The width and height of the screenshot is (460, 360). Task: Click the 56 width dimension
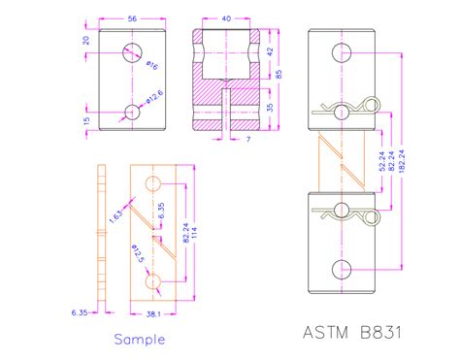coord(131,17)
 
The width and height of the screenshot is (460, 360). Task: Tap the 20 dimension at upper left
coord(84,42)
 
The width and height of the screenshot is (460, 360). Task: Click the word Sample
coord(140,339)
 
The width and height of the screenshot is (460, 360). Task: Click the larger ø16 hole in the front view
coord(132,53)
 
